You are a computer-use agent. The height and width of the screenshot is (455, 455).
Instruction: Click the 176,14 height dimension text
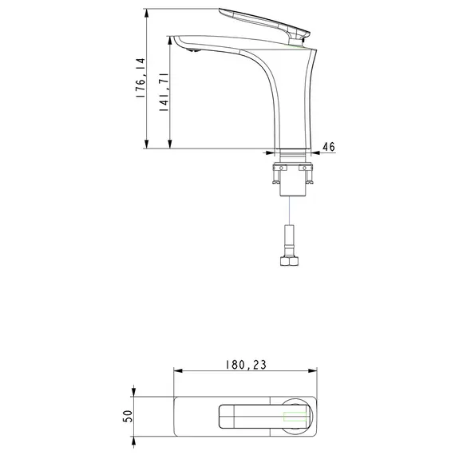(x=140, y=77)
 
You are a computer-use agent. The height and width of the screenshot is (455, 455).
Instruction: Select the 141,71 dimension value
(x=164, y=93)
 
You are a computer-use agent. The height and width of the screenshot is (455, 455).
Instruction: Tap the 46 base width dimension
(x=327, y=148)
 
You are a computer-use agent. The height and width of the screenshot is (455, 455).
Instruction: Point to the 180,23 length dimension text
(x=245, y=364)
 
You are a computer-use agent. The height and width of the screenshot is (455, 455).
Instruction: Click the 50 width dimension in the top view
(x=127, y=417)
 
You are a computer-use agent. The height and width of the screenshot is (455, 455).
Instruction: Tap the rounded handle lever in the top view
(x=255, y=417)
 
